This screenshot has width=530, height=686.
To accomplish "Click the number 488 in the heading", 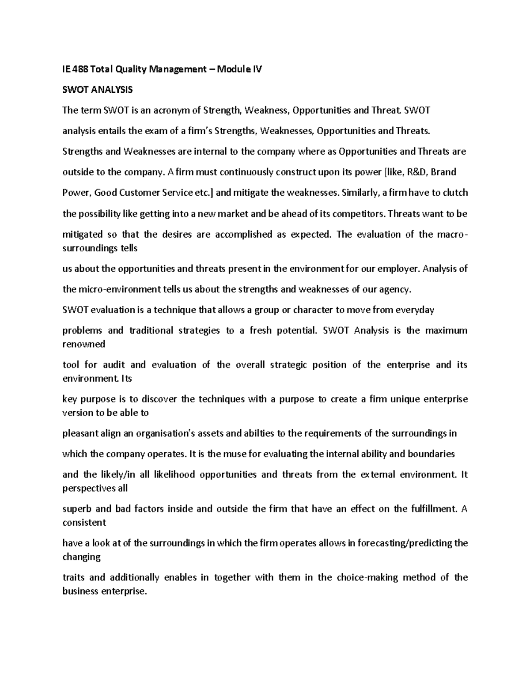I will (80, 69).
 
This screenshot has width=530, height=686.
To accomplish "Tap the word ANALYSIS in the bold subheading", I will (111, 90).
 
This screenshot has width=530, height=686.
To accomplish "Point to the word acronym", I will (170, 110).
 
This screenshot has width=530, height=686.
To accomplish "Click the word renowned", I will (84, 344).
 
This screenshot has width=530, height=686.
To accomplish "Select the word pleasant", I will (79, 433).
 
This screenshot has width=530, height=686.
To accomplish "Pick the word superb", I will (76, 508).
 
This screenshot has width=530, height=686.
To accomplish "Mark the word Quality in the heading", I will (129, 69).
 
